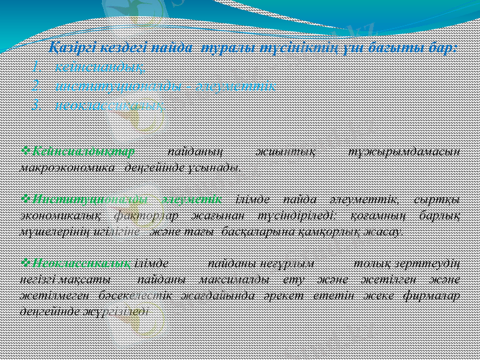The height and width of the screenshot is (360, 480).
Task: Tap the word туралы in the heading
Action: coord(223,47)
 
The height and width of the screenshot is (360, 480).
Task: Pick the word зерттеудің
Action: coord(431,264)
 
